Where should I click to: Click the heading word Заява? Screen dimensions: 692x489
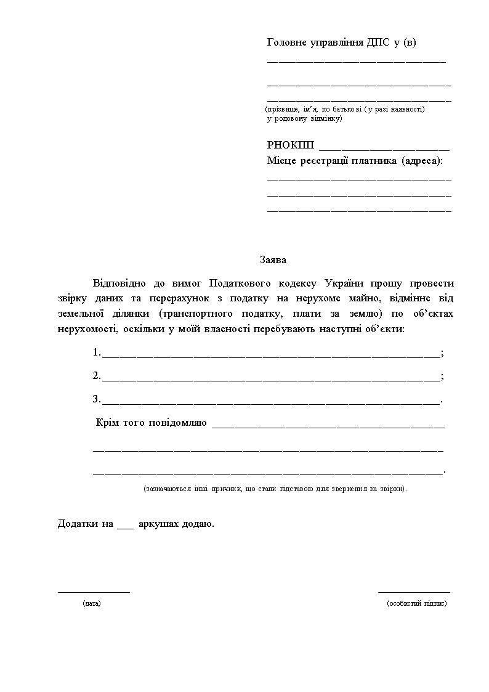tap(272, 260)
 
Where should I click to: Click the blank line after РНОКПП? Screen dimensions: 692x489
tap(384, 149)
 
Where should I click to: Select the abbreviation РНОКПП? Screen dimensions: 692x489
tap(291, 145)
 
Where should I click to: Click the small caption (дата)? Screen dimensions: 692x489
tap(91, 603)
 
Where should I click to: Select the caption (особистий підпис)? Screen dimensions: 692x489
tap(417, 603)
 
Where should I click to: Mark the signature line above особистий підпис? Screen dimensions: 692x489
tap(414, 592)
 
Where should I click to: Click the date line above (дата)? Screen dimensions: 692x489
tap(94, 592)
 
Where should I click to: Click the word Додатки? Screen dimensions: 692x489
tap(78, 524)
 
